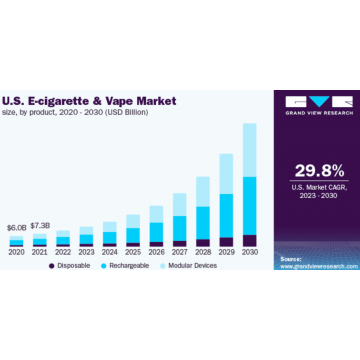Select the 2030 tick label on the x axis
tap(249, 252)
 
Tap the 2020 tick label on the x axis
tap(16, 252)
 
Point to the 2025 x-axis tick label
tap(133, 252)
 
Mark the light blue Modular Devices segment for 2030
tap(249, 150)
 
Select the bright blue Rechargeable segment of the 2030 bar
tap(249, 205)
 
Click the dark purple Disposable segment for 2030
tap(249, 240)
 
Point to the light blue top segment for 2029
tap(226, 174)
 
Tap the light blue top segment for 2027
tap(179, 204)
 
